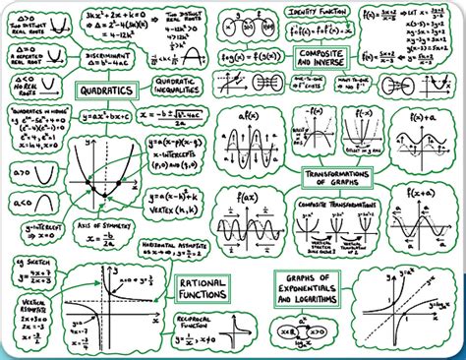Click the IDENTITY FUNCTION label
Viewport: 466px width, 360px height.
[x=315, y=10]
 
